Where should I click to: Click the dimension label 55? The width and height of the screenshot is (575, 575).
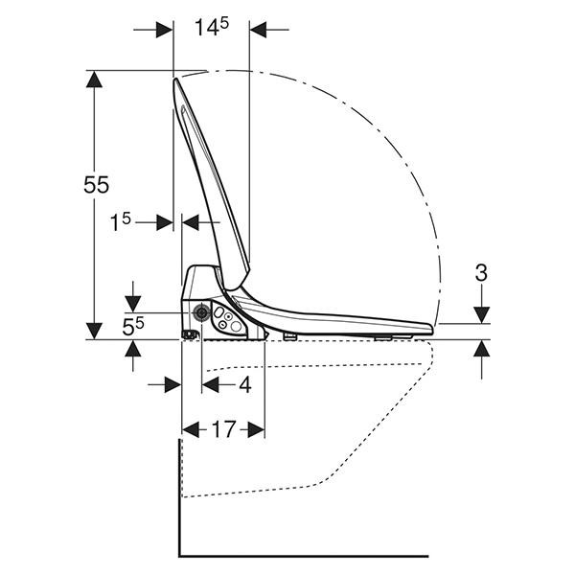(x=97, y=184)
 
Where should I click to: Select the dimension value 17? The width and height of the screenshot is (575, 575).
(x=223, y=429)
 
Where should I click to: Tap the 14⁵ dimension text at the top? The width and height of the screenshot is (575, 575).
(x=212, y=27)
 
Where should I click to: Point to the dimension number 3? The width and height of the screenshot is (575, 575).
(x=481, y=273)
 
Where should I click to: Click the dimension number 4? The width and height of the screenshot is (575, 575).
(x=245, y=385)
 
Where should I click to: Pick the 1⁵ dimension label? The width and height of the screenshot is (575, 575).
(x=121, y=222)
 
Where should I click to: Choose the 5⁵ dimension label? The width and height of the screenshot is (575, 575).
(x=133, y=327)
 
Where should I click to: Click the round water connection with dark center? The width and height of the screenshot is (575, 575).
(x=201, y=312)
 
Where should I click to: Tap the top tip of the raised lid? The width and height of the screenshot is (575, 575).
(x=175, y=79)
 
